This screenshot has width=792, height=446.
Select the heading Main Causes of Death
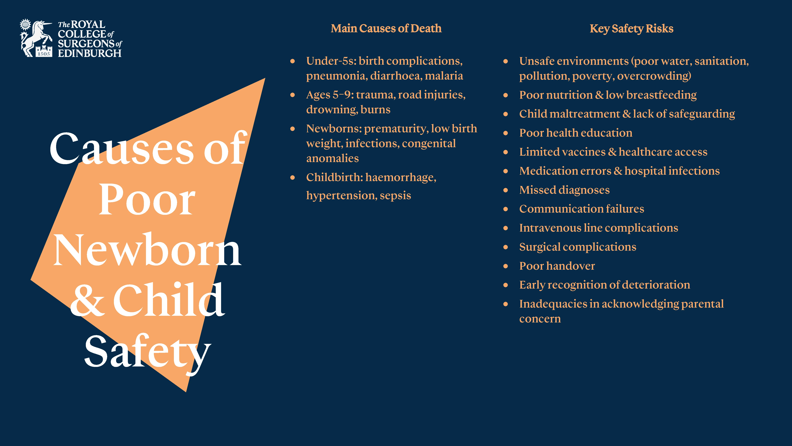tap(386, 28)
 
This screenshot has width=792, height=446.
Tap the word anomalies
tap(332, 158)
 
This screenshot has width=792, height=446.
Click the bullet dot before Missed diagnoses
tap(505, 190)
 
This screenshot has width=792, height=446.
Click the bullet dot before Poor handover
tap(505, 266)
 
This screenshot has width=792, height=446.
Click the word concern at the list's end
tap(540, 319)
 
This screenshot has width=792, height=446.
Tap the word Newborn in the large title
tap(147, 250)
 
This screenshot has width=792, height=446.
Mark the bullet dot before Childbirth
tap(292, 178)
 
